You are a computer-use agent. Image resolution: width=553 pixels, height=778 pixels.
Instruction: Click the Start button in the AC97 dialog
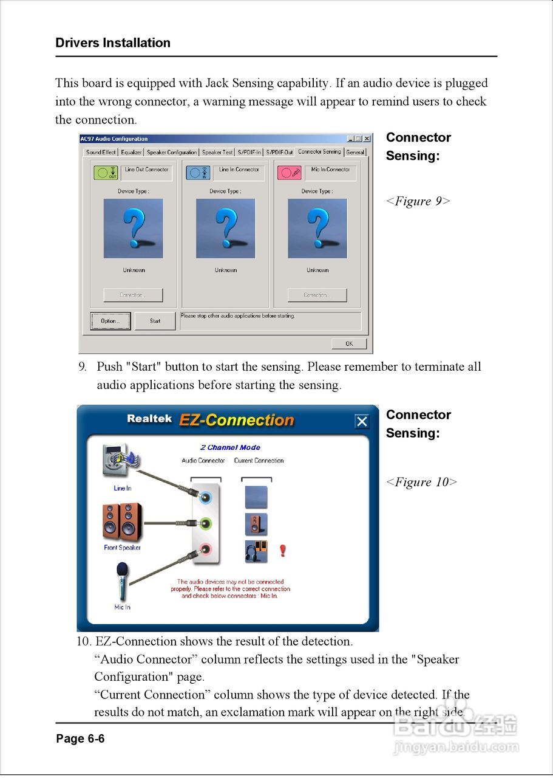click(155, 321)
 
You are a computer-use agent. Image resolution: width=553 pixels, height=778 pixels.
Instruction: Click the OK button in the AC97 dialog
click(349, 343)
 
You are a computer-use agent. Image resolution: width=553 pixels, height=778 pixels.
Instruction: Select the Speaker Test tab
click(217, 152)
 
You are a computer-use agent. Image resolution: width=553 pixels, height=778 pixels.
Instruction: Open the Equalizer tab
click(131, 152)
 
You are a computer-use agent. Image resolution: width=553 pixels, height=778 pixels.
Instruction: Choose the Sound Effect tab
click(101, 152)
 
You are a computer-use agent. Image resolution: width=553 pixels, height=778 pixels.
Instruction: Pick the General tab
click(355, 152)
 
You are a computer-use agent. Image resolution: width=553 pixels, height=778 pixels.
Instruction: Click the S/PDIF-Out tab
click(280, 152)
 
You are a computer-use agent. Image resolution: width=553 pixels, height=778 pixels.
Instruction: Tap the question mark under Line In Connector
click(226, 228)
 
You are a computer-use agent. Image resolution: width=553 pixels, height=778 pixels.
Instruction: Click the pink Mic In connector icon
click(289, 173)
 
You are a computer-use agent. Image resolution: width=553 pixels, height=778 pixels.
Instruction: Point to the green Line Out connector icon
click(106, 173)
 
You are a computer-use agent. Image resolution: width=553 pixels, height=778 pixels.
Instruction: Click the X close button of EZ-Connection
click(362, 421)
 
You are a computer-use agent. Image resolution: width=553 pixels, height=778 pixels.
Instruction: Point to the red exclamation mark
click(282, 551)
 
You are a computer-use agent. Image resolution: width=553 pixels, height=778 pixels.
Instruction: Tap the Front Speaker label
click(122, 548)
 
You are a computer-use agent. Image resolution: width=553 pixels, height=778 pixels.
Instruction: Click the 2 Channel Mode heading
click(230, 447)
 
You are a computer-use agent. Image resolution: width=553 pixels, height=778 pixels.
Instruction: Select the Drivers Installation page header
click(113, 43)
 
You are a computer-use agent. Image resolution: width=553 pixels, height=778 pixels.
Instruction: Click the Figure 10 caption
click(421, 482)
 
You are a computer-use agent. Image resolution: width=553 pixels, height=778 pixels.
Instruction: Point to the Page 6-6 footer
click(80, 738)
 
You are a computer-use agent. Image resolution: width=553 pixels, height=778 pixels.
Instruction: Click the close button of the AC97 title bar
click(367, 139)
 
